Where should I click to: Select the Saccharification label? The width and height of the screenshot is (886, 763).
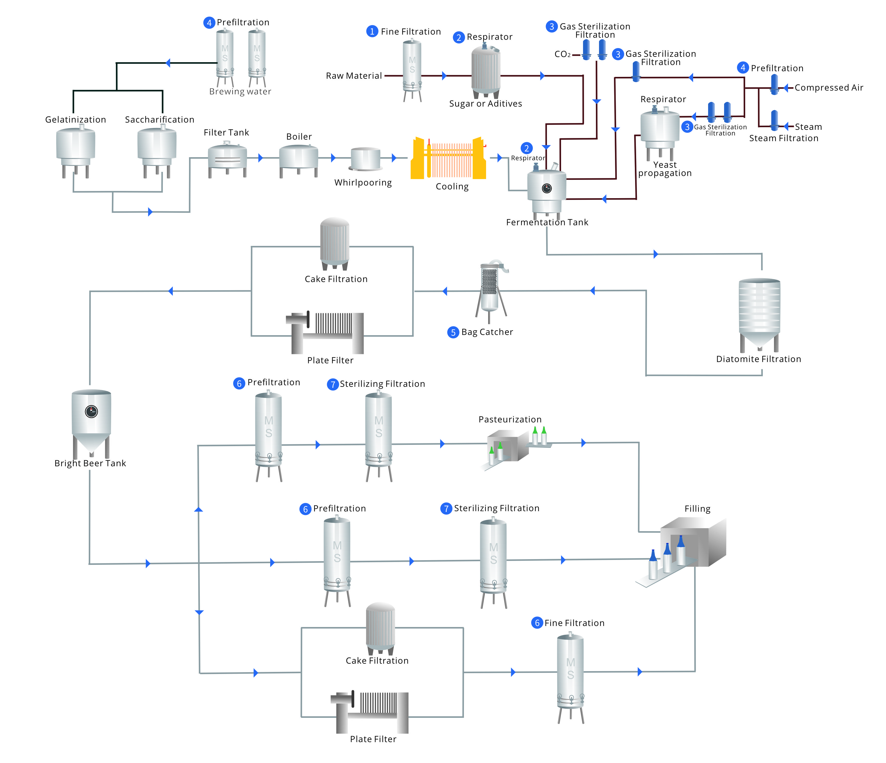click(x=160, y=120)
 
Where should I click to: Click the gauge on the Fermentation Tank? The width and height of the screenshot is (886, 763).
click(x=546, y=188)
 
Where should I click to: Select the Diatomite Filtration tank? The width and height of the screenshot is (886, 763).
click(x=759, y=312)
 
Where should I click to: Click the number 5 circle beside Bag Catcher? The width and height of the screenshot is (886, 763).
click(x=453, y=333)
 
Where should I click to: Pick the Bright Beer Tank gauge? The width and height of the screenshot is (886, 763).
click(x=91, y=412)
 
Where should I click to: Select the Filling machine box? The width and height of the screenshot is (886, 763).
click(x=693, y=543)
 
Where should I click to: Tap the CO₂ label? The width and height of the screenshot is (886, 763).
click(x=562, y=54)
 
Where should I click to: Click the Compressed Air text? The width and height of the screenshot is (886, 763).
click(x=829, y=88)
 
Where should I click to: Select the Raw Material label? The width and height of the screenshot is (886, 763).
click(x=354, y=76)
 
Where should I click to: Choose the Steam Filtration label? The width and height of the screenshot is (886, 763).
click(x=783, y=138)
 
